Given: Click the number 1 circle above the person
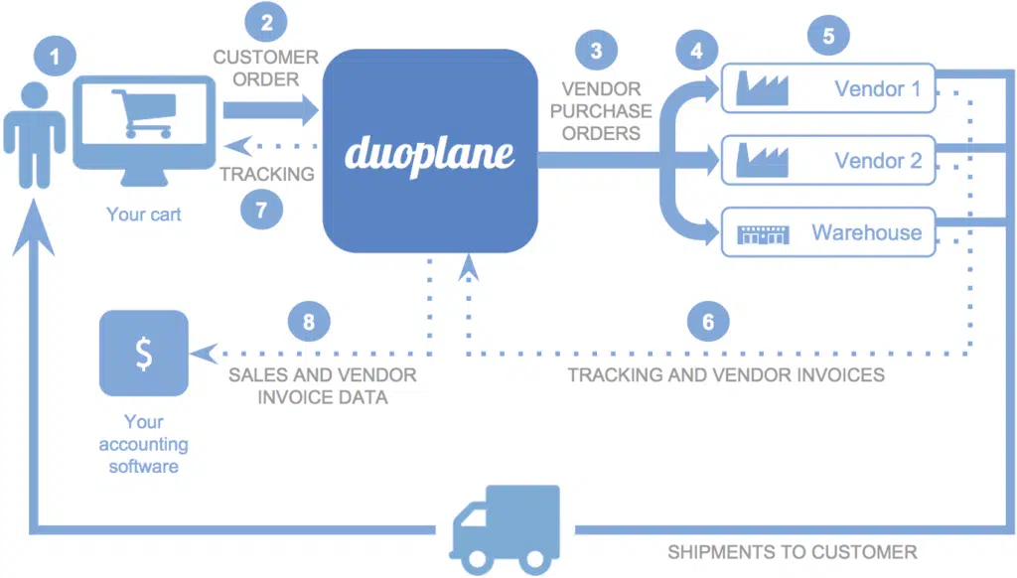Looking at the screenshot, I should point(55,57).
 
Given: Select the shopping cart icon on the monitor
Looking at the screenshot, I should point(145,112).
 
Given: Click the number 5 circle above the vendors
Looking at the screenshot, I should point(828,36).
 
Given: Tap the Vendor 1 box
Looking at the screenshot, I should point(827,89).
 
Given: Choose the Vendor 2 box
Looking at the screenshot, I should point(827,161).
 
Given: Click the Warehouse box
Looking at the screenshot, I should point(827,233).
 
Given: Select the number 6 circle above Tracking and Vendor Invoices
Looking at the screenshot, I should point(708,321).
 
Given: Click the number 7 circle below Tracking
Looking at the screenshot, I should point(262,209).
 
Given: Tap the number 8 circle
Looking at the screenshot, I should point(308,321).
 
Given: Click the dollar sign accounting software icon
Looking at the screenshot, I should point(144,354).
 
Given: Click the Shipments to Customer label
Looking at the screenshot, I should point(792,552).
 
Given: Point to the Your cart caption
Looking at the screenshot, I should point(144,214).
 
